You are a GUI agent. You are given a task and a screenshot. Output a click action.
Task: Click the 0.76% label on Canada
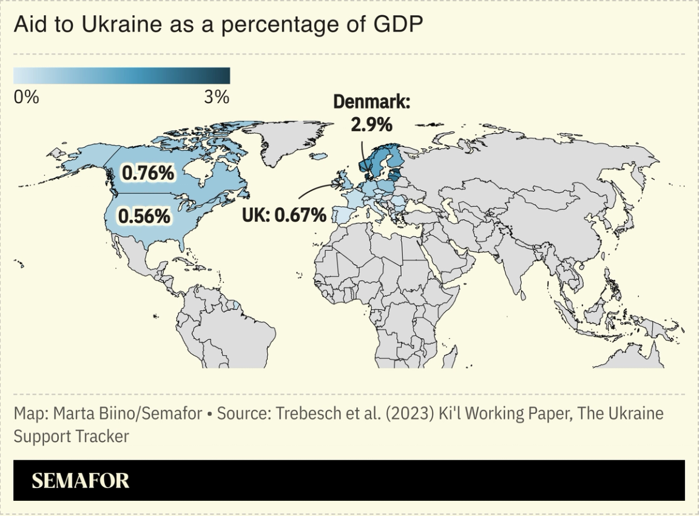click(148, 174)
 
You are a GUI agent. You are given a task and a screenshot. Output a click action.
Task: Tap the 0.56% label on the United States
click(144, 216)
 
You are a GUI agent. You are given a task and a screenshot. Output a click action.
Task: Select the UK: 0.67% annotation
click(284, 214)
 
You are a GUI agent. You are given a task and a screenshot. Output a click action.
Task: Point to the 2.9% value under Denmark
click(371, 124)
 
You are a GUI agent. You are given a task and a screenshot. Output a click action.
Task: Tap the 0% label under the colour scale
click(26, 97)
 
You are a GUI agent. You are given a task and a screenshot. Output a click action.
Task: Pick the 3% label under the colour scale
click(217, 97)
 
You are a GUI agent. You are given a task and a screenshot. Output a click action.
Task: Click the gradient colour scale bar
click(121, 75)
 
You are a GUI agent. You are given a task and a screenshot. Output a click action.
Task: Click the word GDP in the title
click(399, 25)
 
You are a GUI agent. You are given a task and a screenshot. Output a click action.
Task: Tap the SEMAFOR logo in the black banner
click(80, 481)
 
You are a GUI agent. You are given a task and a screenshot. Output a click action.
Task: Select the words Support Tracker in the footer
click(71, 436)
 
